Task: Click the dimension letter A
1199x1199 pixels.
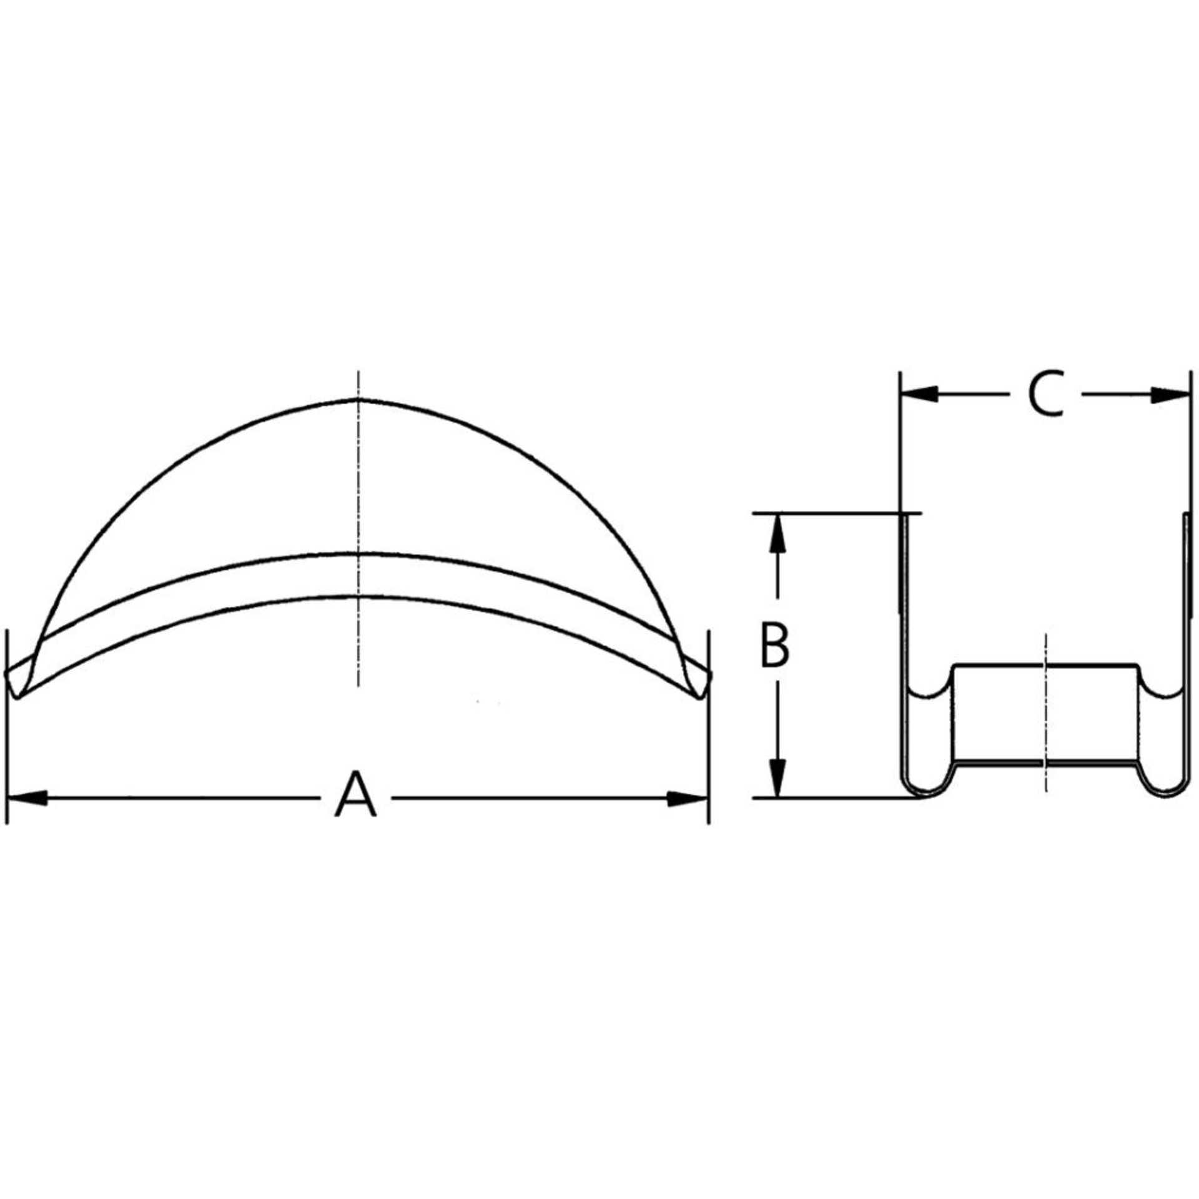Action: point(355,795)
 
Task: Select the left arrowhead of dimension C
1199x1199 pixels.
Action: point(921,394)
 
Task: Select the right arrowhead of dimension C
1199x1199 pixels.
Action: point(1168,394)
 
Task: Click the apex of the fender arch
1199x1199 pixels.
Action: point(358,398)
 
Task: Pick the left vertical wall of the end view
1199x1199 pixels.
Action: point(904,624)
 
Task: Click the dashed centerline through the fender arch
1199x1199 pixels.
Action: point(358,500)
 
